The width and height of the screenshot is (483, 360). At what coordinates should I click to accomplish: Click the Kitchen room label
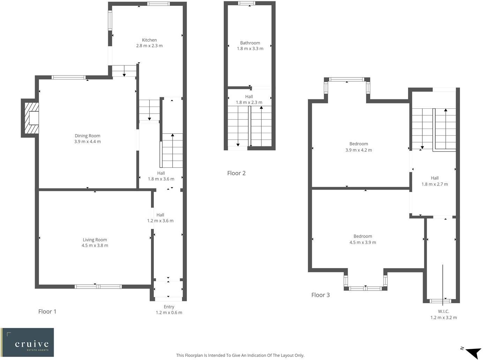coord(149,40)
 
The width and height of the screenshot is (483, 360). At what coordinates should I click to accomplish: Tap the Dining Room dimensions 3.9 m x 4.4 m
coord(88,142)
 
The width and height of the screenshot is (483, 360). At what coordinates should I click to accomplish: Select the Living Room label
coord(95,240)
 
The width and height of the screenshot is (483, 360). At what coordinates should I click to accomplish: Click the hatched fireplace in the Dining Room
coord(30,118)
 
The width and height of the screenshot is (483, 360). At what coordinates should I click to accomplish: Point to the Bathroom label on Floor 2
coord(250,43)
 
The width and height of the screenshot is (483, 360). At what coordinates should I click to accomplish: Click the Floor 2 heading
coord(236,173)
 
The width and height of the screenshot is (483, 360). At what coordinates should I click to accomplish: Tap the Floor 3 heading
coord(320,295)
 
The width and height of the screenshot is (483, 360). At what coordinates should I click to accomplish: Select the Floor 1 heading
coord(47,312)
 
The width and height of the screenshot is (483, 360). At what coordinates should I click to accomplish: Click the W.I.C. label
coord(444,312)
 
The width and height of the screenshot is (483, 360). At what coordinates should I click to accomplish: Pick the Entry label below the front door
coord(169,307)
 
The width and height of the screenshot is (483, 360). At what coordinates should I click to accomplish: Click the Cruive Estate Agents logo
coord(28,342)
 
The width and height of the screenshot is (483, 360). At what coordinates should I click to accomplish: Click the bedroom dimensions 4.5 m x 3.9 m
coord(363,243)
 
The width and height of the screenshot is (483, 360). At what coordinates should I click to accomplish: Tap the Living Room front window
coord(98,287)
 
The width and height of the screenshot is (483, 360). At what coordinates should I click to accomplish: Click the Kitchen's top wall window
coord(158,4)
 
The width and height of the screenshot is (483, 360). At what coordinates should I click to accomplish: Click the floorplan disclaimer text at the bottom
coord(240,355)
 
